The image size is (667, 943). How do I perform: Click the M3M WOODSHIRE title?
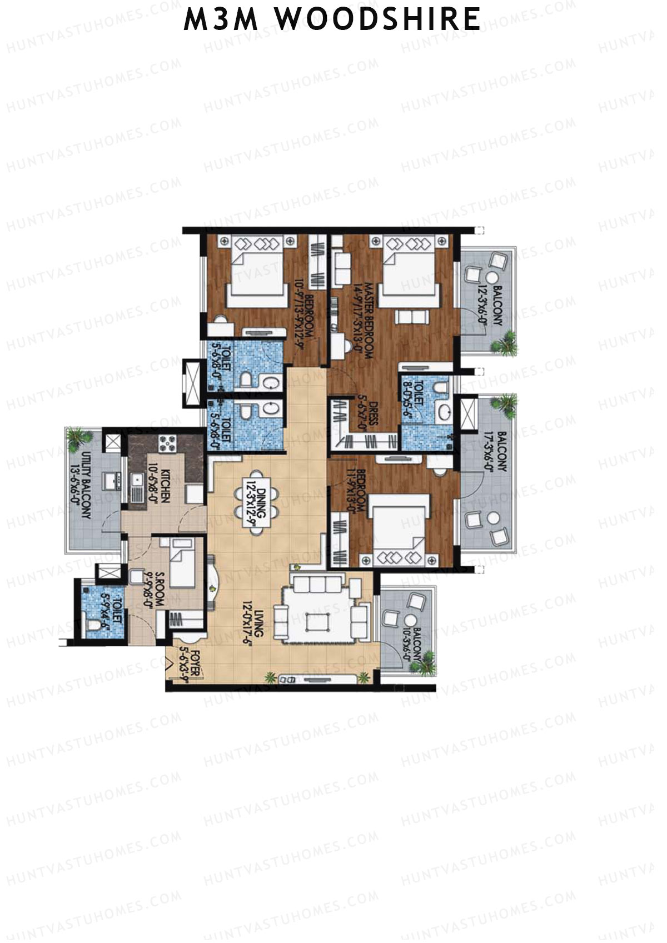(332, 20)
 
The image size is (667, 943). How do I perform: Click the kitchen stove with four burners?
(167, 443)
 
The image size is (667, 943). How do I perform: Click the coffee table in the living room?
(320, 617)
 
